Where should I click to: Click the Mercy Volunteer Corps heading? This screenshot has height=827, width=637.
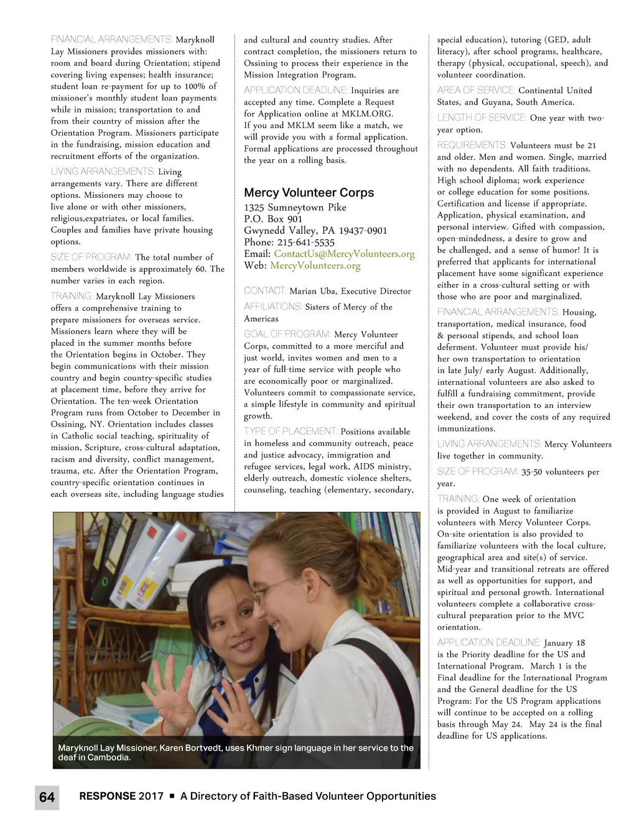pos(309,193)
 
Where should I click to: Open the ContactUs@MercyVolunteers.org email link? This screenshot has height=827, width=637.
pos(344,254)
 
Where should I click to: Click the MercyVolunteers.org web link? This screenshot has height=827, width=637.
pos(315,266)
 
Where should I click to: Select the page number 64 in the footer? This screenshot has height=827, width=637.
pos(47,797)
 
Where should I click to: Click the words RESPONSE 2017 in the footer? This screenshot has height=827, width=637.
pos(121,796)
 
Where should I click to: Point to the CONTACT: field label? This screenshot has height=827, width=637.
pos(265,290)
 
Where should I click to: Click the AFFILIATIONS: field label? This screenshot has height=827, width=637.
pos(272,307)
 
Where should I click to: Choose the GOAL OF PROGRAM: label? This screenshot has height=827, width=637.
pos(287,334)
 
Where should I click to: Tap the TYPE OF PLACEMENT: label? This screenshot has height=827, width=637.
pos(291,431)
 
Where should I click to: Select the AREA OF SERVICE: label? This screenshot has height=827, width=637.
pos(476,90)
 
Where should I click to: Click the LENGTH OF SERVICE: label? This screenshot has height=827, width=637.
pos(482,118)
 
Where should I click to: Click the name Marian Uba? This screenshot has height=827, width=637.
pos(313,291)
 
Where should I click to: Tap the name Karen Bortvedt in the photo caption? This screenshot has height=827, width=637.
pos(189,748)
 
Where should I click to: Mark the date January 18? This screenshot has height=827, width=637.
pos(564,643)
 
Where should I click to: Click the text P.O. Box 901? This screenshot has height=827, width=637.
pos(273,219)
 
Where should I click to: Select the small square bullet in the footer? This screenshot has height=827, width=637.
pos(172,797)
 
